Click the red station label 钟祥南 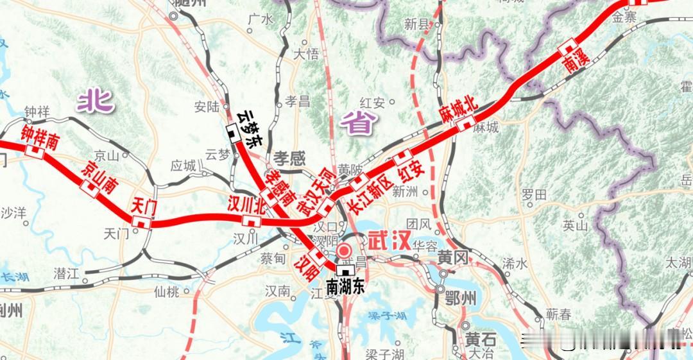point(39,137)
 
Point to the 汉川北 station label point(247,205)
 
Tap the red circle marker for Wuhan point(345,252)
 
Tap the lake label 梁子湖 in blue point(382,316)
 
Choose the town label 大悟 point(305,54)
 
